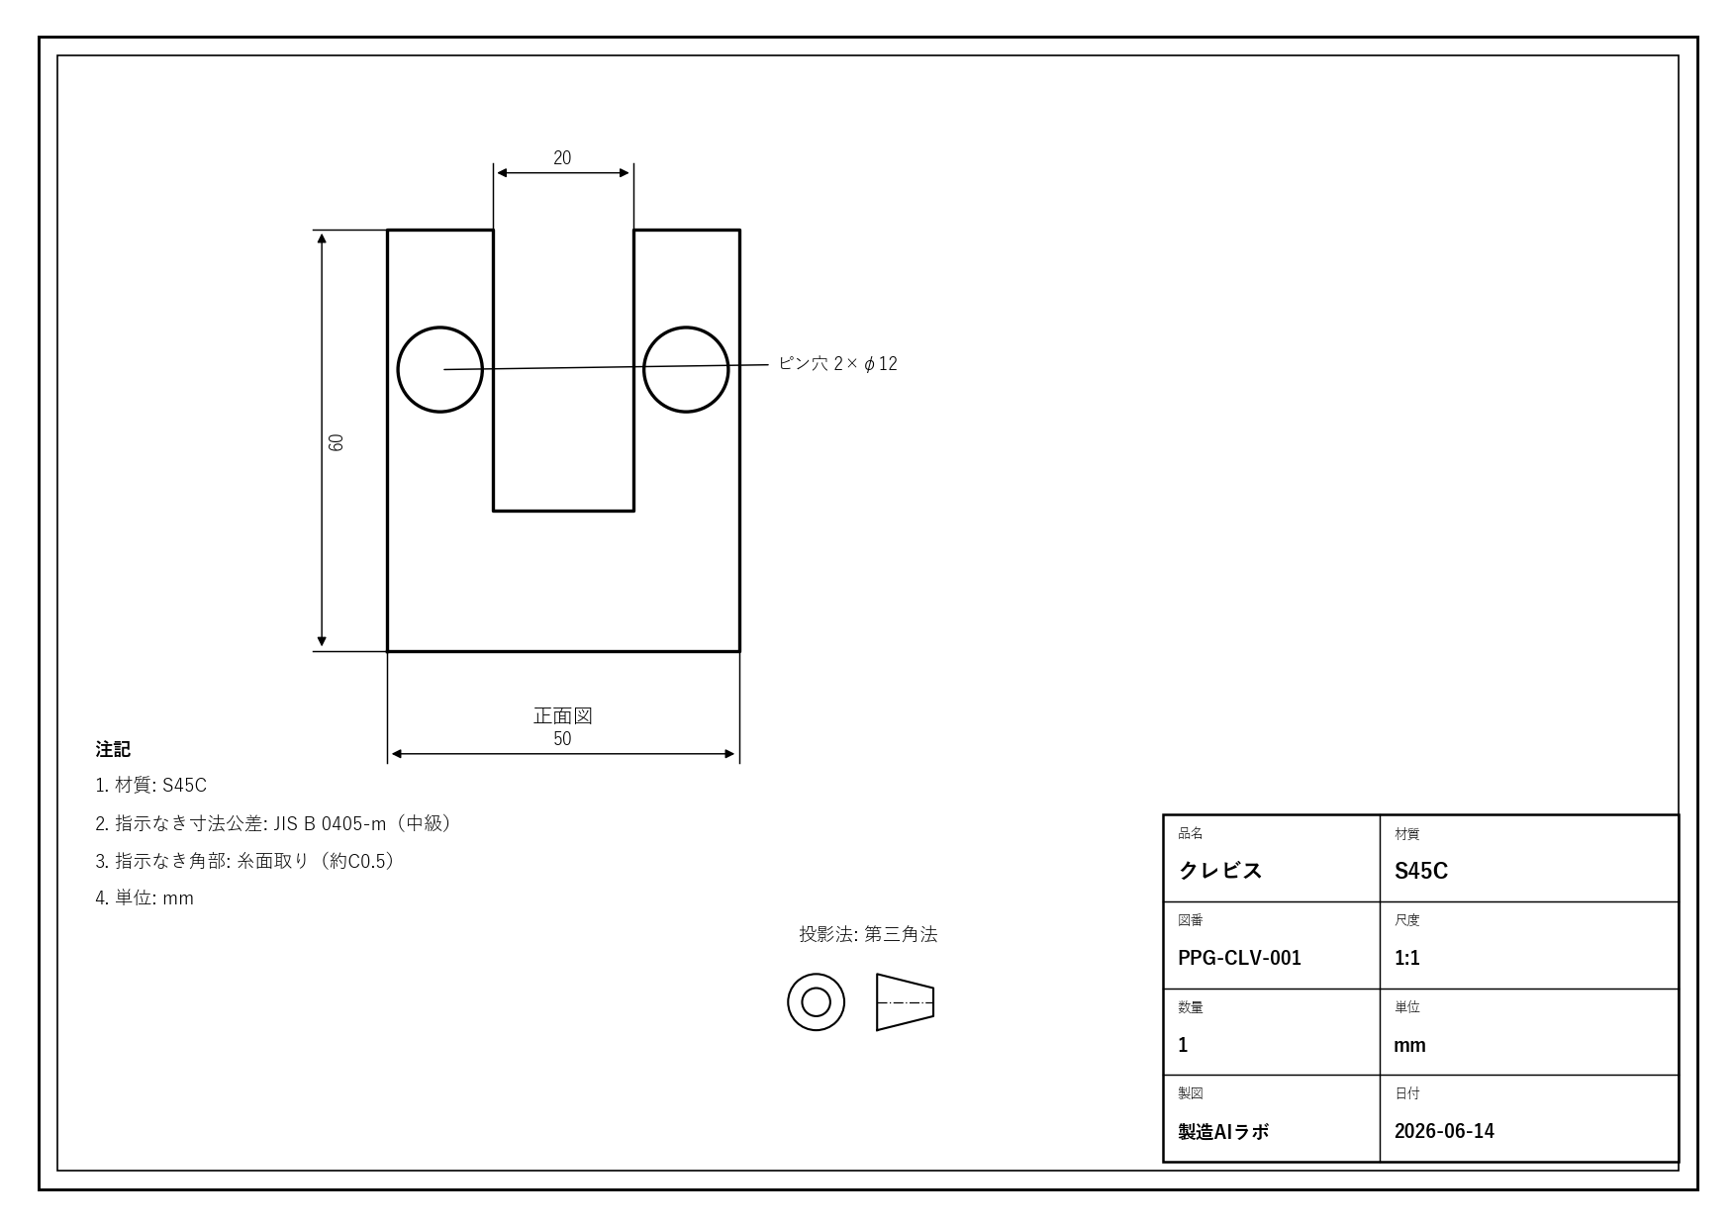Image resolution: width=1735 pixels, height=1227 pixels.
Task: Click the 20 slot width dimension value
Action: click(562, 158)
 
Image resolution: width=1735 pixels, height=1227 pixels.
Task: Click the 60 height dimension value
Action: click(337, 441)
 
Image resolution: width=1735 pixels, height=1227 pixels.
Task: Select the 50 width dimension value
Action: click(562, 739)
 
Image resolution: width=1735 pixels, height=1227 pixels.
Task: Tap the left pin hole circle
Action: click(398, 369)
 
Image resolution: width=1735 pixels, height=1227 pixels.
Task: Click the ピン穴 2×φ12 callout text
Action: click(837, 363)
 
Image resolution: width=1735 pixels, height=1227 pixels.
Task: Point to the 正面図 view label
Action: click(562, 715)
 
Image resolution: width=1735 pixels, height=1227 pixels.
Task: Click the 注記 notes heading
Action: click(113, 749)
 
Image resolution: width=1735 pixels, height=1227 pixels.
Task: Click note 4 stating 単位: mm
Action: click(145, 898)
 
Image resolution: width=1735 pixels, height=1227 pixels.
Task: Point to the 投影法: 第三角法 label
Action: click(868, 934)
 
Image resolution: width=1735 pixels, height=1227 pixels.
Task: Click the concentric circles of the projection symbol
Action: click(788, 1002)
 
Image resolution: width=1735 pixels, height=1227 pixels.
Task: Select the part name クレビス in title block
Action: click(1220, 871)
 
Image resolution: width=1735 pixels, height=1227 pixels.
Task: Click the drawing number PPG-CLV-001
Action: click(1239, 958)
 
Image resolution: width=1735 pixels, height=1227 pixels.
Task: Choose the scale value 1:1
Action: click(1407, 958)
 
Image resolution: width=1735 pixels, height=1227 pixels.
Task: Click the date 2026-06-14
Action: click(1444, 1131)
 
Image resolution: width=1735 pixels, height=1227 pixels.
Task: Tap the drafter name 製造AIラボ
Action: click(1223, 1131)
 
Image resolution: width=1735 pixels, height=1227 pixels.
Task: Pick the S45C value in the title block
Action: click(1421, 871)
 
